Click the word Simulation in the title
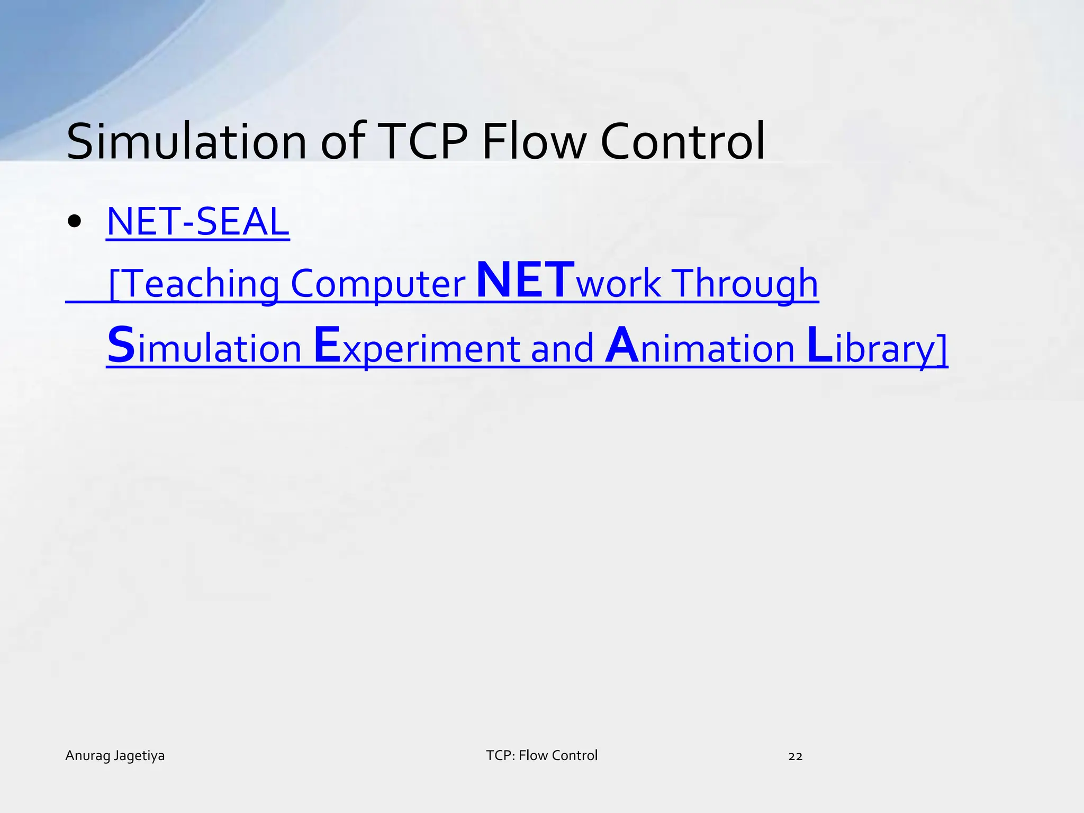[x=186, y=142]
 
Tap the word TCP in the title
[x=422, y=142]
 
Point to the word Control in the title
[x=683, y=142]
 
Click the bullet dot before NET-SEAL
[x=75, y=222]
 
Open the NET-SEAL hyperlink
[x=197, y=222]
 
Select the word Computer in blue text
[x=377, y=284]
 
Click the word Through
[x=746, y=284]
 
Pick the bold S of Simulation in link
[x=121, y=345]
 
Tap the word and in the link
[x=562, y=348]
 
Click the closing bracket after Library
[x=942, y=349]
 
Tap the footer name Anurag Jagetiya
[x=115, y=756]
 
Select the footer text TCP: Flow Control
[x=541, y=755]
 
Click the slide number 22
[x=795, y=756]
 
